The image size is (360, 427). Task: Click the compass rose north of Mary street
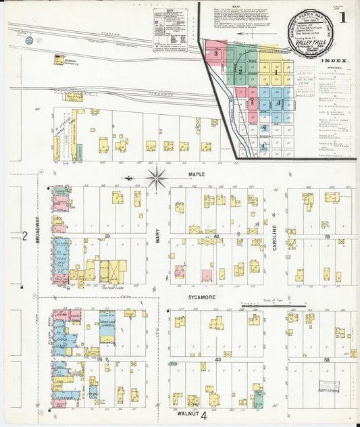tap(157, 178)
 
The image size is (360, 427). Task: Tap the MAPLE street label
tap(197, 175)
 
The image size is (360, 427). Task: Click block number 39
tap(106, 235)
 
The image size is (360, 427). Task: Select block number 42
tap(217, 236)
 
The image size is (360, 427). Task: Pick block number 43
tap(217, 359)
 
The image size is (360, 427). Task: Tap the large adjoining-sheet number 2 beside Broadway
tap(24, 236)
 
